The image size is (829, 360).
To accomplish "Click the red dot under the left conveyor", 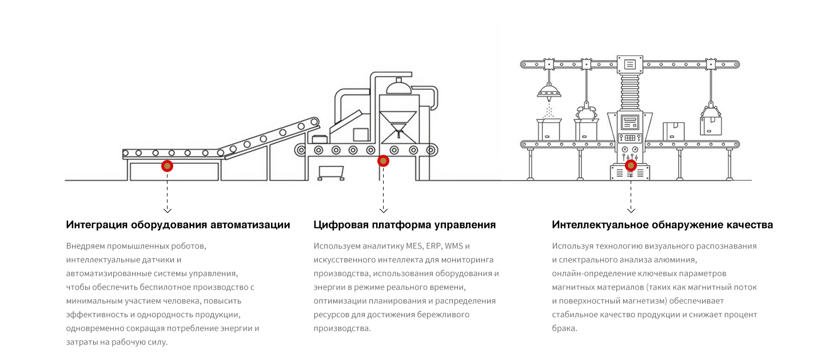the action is [167, 166].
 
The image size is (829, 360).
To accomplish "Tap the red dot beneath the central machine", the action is [383, 161].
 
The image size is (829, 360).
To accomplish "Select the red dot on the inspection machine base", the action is [631, 165].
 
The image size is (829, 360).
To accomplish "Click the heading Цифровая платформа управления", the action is [405, 225].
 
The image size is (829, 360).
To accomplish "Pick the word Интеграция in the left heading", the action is [97, 225].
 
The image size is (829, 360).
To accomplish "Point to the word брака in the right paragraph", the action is [564, 328].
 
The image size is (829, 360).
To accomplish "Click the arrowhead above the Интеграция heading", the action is [168, 210].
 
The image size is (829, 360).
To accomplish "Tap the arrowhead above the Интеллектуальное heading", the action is [631, 210].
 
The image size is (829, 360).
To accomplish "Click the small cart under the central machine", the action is [331, 173].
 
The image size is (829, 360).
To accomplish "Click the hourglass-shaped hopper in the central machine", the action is [398, 127].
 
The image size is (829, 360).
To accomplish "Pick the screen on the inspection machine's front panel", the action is [630, 122].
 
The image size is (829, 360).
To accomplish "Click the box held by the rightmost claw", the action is [711, 126].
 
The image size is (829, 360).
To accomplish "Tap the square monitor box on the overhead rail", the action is [629, 65].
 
